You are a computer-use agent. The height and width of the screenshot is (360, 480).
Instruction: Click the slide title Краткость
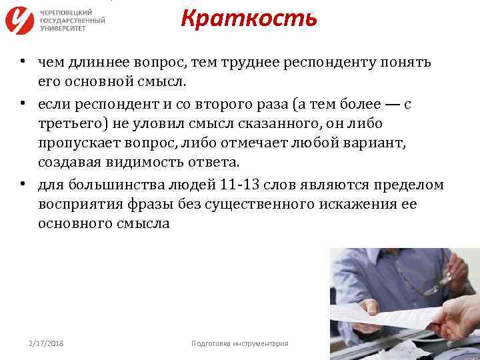(249, 19)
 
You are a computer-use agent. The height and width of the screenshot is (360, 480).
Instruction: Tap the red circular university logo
(20, 21)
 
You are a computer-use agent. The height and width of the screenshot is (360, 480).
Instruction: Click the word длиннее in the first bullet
(95, 62)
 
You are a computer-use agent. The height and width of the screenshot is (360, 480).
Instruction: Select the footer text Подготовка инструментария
(239, 343)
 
